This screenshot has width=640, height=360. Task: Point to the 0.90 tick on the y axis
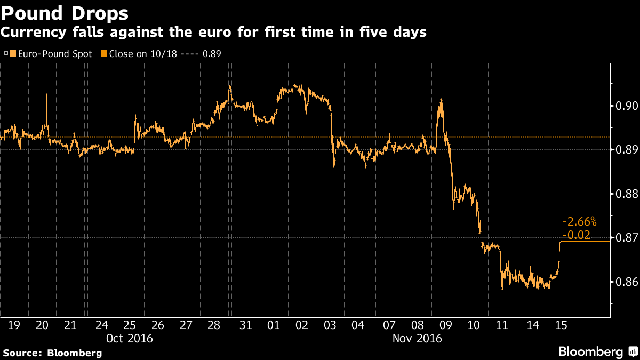coord(624,106)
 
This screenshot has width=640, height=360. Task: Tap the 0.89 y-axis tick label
coord(624,150)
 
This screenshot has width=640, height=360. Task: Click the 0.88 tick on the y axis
coord(624,194)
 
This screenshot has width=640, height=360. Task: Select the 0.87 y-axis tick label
coord(624,237)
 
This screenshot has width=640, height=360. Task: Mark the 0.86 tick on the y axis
coord(624,282)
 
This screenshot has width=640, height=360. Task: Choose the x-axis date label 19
coord(14,325)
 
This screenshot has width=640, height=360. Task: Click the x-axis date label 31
coord(245,325)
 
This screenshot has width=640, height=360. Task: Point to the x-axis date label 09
coord(445,325)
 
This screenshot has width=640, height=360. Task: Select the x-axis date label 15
coord(561,325)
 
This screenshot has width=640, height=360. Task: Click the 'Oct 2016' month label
coord(129,338)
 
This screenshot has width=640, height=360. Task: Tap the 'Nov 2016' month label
coord(418,338)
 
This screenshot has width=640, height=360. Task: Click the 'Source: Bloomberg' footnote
coord(52,353)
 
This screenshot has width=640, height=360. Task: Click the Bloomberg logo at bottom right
coord(596,351)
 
